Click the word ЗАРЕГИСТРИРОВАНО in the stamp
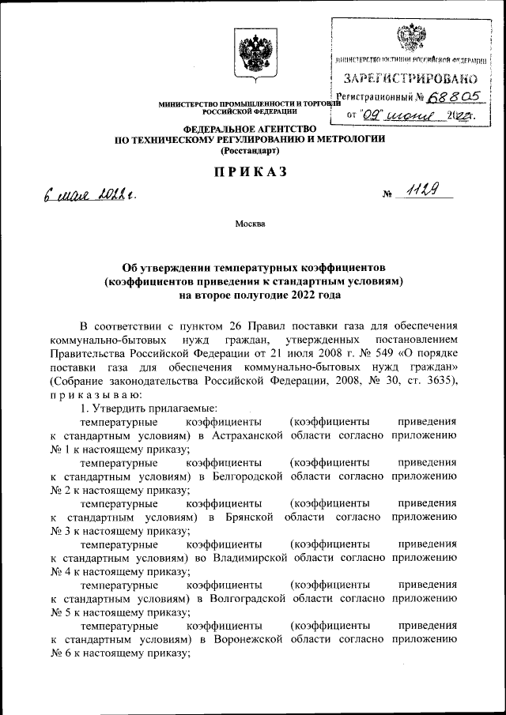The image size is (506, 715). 410,78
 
